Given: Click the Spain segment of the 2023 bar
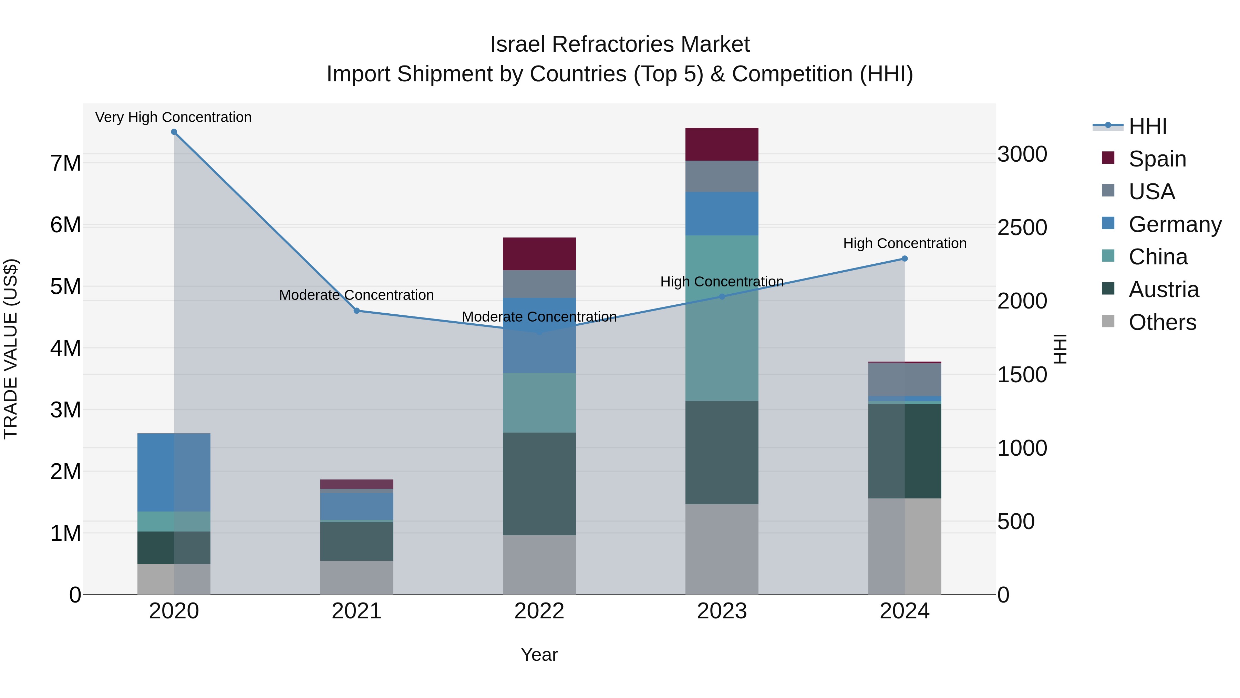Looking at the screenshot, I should [x=722, y=144].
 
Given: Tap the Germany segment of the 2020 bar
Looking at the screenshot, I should [x=174, y=472].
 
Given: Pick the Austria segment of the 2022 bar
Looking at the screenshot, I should [x=539, y=484].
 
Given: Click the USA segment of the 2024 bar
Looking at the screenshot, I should [x=905, y=380].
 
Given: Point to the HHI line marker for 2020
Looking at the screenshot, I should [x=174, y=132].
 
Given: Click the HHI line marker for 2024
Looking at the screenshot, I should [x=905, y=259].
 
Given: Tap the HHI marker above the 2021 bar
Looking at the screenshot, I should [x=357, y=311].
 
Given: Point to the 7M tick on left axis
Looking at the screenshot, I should [x=66, y=163].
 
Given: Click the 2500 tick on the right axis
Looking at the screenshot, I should [x=1022, y=227].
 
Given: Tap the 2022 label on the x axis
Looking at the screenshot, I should [x=539, y=611].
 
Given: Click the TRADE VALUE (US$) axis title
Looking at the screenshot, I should [x=11, y=349].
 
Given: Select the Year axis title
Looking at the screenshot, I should [x=539, y=655].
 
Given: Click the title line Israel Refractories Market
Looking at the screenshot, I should [x=620, y=44].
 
